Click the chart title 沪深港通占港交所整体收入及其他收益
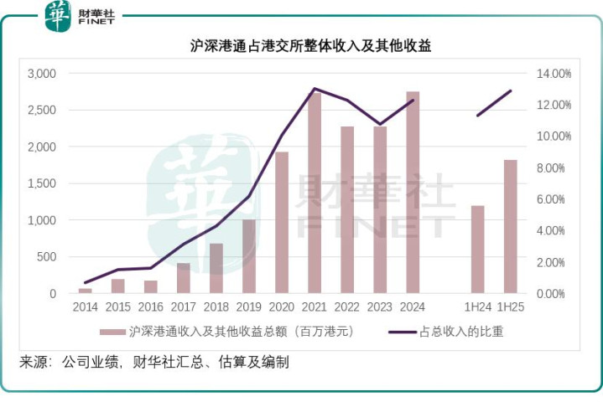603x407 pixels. (x=310, y=47)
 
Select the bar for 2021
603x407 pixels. (x=314, y=193)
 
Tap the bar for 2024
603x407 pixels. (x=413, y=193)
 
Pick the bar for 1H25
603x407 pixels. (x=511, y=226)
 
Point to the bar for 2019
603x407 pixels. (x=249, y=256)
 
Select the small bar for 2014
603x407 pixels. (x=86, y=291)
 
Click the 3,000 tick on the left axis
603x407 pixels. (x=41, y=74)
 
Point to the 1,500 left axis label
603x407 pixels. (x=41, y=183)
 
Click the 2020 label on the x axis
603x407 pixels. (x=281, y=307)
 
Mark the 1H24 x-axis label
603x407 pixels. (x=477, y=307)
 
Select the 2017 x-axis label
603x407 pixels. (x=183, y=307)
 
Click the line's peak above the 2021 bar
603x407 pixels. (x=314, y=88)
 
